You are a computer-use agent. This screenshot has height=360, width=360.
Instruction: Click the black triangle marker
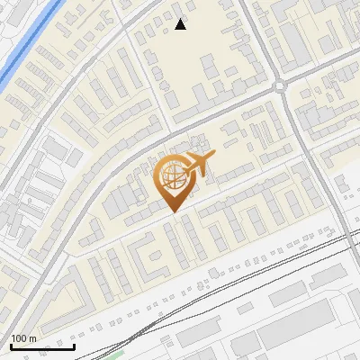[x=181, y=24]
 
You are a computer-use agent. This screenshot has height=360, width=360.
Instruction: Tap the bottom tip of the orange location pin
[x=172, y=211]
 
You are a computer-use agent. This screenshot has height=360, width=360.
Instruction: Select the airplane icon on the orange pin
[x=199, y=166]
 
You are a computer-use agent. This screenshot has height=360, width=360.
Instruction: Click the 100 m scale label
[x=22, y=338]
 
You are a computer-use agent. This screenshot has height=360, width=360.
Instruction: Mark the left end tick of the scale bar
[x=10, y=346]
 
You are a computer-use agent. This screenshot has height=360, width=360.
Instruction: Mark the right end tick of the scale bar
[x=75, y=346]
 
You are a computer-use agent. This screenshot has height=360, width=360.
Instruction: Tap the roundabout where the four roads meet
[x=280, y=86]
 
